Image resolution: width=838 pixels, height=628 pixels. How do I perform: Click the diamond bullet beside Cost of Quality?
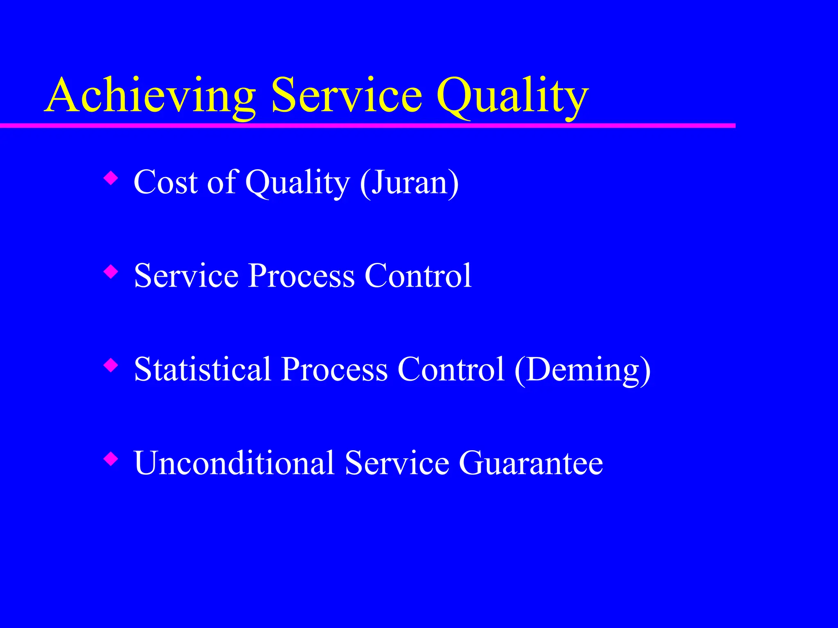pos(111,178)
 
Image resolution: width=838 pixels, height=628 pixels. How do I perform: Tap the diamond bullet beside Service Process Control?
pos(111,271)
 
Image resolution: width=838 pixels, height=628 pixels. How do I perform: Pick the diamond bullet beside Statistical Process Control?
pos(111,365)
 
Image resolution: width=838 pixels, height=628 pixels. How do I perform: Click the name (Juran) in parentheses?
pos(409,182)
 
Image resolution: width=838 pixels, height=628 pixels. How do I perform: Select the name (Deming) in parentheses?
pos(582,370)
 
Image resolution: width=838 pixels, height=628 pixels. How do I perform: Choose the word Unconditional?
pos(234,463)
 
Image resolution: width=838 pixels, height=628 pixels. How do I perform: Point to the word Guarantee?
pos(531,463)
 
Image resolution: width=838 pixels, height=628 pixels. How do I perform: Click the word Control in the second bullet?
pos(418,276)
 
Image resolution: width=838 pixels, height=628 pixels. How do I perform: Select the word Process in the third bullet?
pos(334,370)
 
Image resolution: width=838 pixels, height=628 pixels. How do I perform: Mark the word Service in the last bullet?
pos(397,463)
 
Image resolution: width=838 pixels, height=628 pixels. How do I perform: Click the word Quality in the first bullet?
pos(297,183)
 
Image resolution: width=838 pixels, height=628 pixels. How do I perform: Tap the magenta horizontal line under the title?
pos(368,126)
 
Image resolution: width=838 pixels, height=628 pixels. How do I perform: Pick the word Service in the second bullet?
pos(186,276)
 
